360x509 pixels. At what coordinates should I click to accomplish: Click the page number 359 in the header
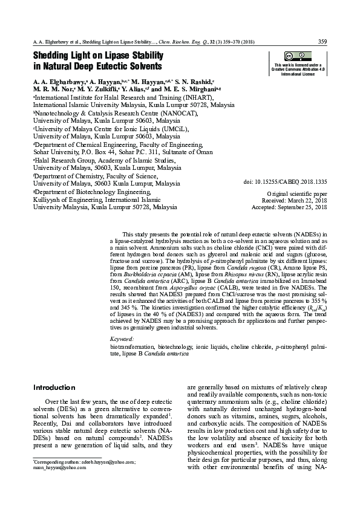[322, 41]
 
